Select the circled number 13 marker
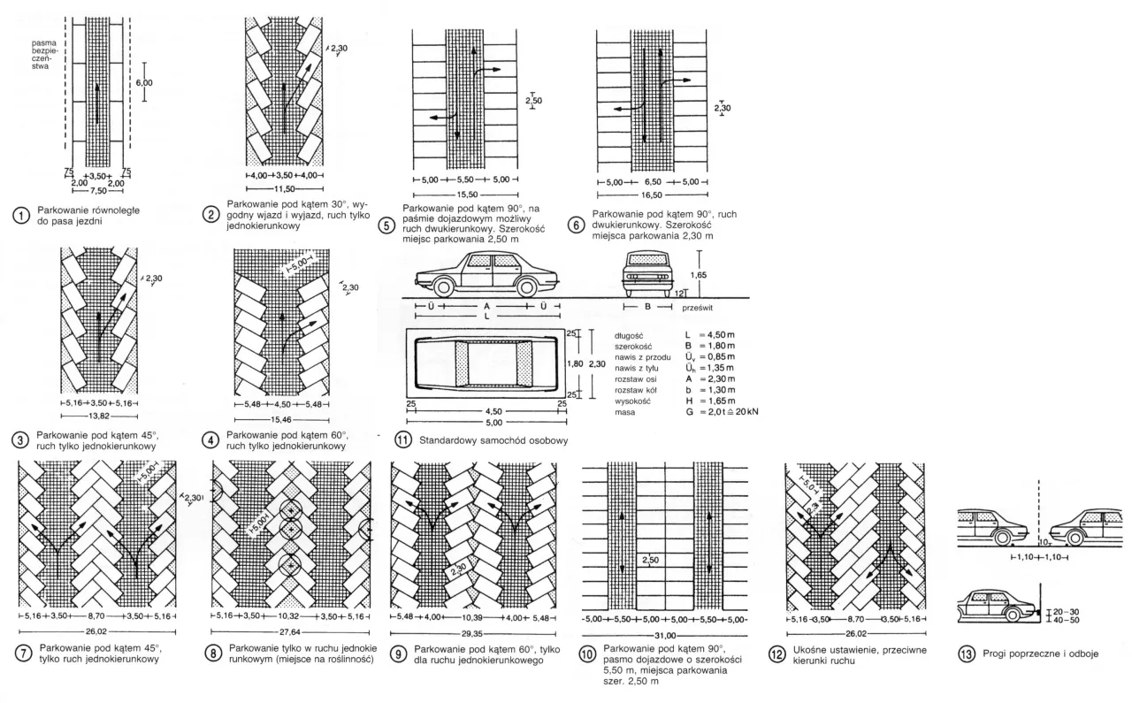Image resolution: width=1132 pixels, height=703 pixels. (x=966, y=655)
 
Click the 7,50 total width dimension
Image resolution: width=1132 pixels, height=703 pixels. (x=97, y=190)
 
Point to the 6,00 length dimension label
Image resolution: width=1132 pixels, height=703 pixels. (x=143, y=82)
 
